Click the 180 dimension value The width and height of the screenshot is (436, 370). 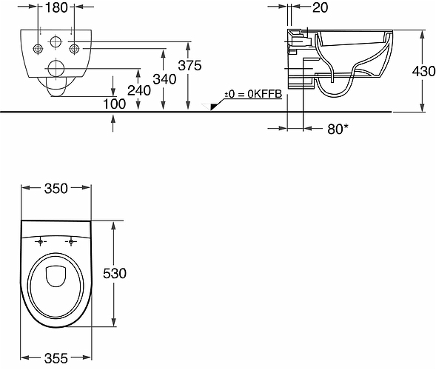56,7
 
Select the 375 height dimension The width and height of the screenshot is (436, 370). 190,66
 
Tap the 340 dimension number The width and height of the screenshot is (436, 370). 164,79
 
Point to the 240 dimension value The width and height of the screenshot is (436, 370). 139,90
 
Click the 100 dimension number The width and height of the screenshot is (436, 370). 114,104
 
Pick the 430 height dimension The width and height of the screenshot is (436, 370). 423,72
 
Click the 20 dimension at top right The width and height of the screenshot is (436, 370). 320,7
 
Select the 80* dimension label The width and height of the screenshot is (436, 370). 338,129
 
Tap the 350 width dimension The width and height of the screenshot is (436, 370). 56,189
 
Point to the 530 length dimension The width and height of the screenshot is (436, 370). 115,274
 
